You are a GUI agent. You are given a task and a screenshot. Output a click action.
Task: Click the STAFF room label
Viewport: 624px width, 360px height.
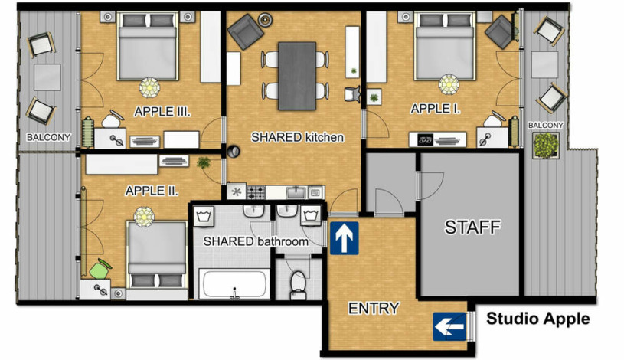(x=472, y=227)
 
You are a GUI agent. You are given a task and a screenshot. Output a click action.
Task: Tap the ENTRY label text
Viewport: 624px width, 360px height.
(x=374, y=308)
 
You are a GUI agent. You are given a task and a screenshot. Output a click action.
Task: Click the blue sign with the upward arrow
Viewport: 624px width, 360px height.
(x=345, y=238)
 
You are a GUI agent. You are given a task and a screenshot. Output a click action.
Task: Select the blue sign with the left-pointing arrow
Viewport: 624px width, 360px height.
(x=449, y=326)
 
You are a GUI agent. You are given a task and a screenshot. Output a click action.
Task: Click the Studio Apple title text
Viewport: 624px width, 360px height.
(x=538, y=319)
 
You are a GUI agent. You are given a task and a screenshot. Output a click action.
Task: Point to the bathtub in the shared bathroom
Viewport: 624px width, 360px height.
(x=234, y=283)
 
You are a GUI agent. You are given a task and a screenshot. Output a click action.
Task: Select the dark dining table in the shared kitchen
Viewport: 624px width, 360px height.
(x=297, y=76)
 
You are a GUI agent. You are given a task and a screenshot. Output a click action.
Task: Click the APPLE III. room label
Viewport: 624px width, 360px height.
(x=162, y=111)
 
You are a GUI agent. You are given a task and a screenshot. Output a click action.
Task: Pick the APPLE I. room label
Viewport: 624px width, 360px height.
(x=436, y=108)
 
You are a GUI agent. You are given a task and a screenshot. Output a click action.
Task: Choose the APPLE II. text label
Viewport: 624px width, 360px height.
(x=152, y=191)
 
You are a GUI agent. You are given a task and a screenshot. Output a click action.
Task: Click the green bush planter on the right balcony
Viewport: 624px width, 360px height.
(x=546, y=146)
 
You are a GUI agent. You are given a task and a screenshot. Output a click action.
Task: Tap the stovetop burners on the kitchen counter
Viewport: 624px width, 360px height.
(x=256, y=192)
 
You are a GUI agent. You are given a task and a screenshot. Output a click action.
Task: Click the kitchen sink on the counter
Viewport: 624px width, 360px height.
(x=296, y=193)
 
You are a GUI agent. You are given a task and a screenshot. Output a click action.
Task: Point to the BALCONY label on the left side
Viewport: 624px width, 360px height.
(x=48, y=137)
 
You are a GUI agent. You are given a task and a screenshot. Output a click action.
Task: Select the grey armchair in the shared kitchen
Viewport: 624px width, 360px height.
(x=245, y=31)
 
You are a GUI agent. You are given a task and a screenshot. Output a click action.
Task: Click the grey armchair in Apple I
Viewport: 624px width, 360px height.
(x=500, y=32)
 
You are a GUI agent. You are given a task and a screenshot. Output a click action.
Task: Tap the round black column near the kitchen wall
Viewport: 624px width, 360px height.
(x=234, y=152)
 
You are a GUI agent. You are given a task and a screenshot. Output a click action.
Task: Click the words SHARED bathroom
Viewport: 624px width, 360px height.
(x=256, y=241)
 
